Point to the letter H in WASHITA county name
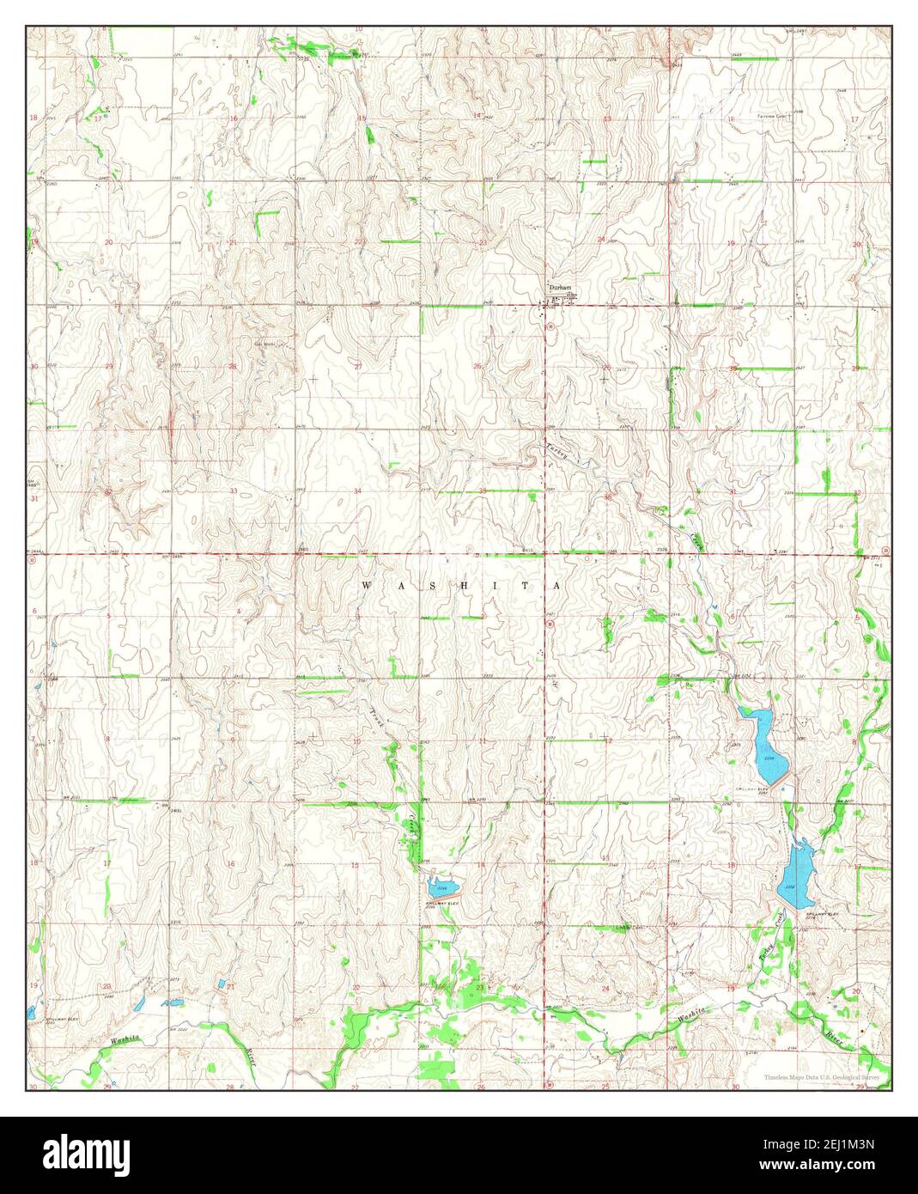tap(459, 586)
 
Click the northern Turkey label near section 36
tap(559, 454)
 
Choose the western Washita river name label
tap(125, 1039)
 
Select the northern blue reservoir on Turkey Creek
tap(766, 744)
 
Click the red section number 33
tap(234, 490)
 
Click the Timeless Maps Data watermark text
tap(823, 1076)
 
